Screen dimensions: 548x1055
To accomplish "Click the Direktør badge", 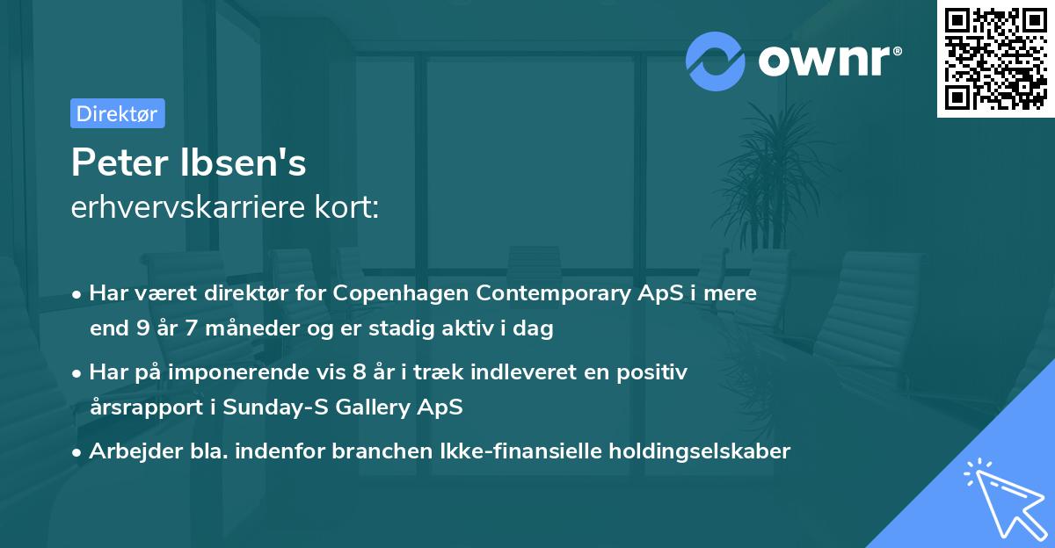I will (117, 113).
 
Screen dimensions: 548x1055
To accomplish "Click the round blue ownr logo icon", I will (717, 61).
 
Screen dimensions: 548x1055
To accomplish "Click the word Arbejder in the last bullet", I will (128, 451).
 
